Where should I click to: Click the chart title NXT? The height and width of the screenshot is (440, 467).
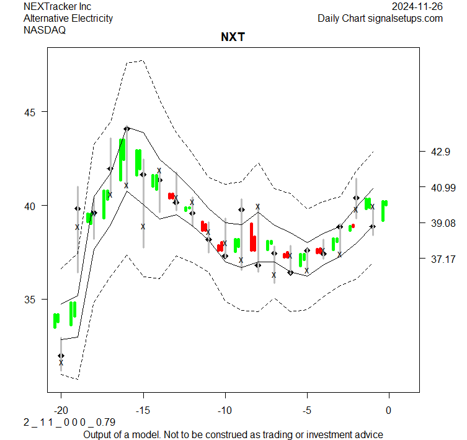pos(233,37)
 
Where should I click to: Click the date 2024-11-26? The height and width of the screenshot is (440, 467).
pos(417,6)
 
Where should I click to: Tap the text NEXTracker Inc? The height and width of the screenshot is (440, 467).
pos(57,6)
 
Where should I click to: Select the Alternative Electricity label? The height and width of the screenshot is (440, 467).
pos(68,18)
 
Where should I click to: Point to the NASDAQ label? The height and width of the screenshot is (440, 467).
pos(45,30)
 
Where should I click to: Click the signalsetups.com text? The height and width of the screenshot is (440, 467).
pos(405,18)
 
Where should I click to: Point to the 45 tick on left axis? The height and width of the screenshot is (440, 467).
pos(31,112)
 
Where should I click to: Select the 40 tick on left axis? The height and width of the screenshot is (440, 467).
pos(31,206)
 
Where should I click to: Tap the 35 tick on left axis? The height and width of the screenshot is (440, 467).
pos(31,300)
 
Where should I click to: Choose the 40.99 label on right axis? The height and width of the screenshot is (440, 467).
pos(441,187)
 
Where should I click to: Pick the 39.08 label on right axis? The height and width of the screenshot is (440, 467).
pos(441,223)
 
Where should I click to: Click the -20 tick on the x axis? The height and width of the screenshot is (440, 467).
pos(61,410)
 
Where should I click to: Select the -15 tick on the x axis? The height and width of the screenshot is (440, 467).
pos(143,410)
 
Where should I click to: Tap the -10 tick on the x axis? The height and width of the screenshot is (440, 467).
pos(225,410)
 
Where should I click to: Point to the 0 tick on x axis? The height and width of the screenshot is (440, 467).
pos(389,410)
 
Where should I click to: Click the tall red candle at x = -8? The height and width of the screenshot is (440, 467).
pos(253,237)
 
